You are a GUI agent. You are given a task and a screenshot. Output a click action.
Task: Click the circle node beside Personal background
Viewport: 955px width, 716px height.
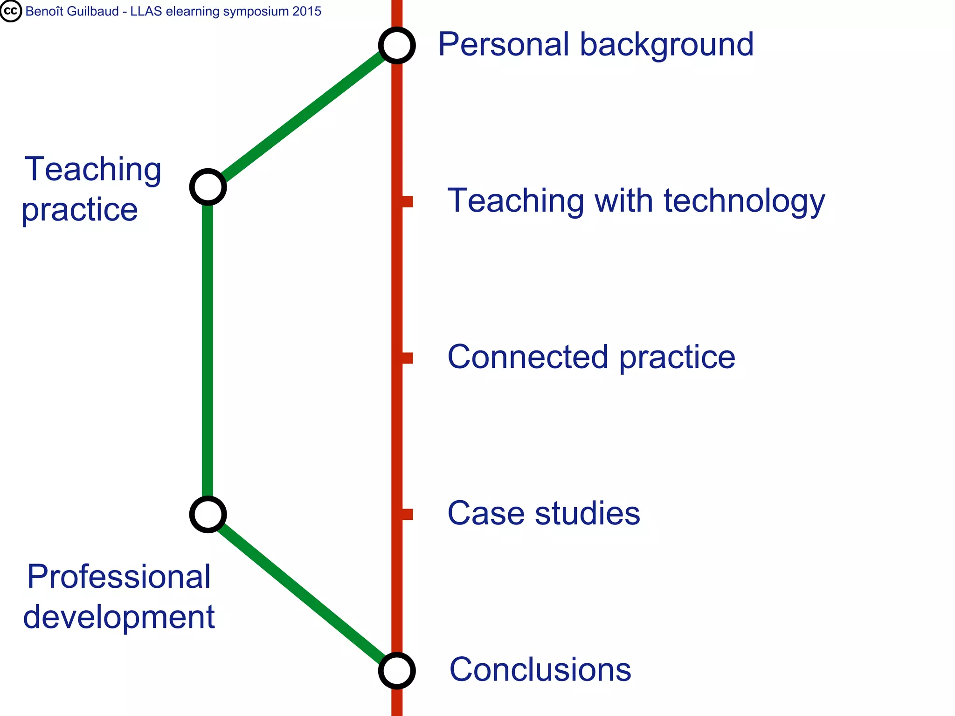397,46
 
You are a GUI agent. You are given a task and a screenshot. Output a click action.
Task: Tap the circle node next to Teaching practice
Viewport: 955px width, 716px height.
208,187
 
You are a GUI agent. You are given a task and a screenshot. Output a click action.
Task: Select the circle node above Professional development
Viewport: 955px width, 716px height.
208,515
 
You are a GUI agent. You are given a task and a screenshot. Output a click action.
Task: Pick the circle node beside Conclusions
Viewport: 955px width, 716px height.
397,671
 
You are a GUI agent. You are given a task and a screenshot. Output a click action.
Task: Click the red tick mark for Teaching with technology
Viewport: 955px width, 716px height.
407,202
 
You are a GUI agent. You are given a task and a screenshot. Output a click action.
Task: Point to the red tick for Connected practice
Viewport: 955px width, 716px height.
407,358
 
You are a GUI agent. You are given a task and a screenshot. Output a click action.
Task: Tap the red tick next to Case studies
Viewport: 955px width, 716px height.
407,514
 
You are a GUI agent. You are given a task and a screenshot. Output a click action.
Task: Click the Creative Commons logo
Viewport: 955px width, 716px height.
11,11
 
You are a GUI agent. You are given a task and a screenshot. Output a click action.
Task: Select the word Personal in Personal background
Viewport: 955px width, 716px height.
504,45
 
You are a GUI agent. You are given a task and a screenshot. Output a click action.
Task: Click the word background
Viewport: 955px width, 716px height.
666,45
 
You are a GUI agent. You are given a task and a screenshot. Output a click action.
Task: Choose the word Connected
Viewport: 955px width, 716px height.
527,357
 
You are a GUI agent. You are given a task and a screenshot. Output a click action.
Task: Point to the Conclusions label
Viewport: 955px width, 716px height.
540,670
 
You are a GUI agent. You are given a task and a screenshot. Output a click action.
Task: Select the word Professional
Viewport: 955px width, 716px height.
119,577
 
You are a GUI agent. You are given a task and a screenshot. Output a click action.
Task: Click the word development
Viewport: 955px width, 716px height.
119,617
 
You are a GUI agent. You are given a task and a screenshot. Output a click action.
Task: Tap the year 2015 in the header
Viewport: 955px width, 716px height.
307,11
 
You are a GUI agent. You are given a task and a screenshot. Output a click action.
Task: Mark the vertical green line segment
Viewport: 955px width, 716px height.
208,350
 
